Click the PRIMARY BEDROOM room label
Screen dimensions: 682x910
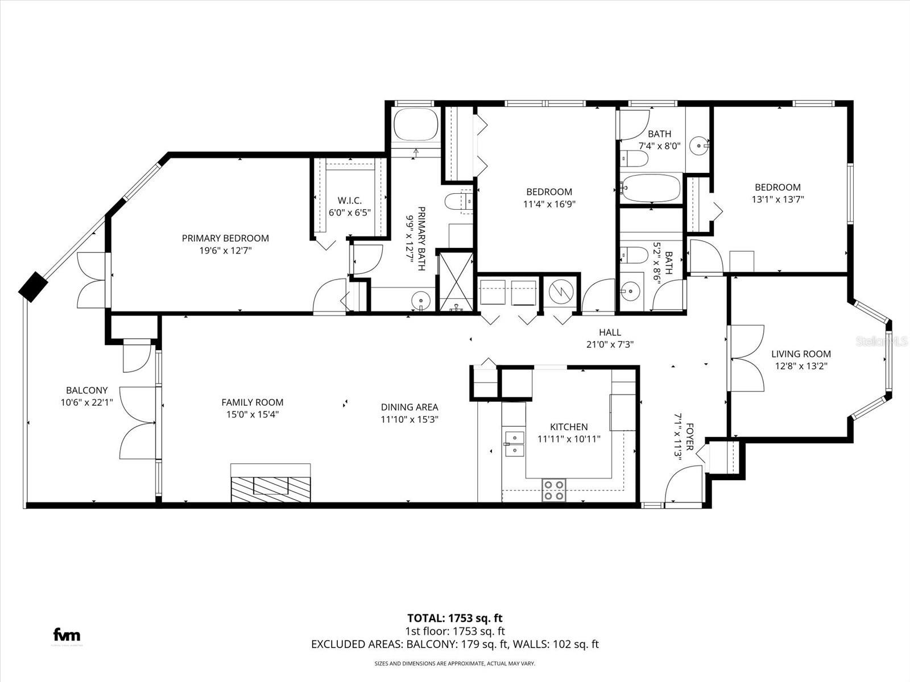(225, 238)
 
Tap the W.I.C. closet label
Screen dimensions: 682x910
(349, 201)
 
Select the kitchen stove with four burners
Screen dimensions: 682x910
(553, 490)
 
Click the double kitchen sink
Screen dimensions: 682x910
(514, 444)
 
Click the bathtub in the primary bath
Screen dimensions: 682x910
(416, 125)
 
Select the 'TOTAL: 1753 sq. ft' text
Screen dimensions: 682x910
(454, 618)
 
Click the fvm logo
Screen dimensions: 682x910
(67, 635)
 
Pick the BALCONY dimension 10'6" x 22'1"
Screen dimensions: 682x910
(86, 402)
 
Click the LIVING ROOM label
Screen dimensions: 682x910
(801, 354)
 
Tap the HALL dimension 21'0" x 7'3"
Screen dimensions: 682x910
(610, 344)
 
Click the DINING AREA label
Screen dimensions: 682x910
(409, 407)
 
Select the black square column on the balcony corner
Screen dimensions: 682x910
(34, 286)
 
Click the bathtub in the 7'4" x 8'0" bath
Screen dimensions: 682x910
(651, 188)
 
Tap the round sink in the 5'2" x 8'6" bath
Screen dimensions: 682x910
(630, 292)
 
